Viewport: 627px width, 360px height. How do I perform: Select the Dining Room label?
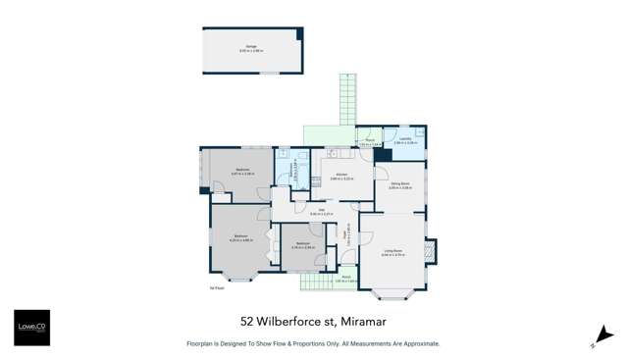[400, 183]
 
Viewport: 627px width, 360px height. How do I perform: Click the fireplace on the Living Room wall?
[431, 251]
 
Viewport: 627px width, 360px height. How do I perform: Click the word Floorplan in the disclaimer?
[205, 344]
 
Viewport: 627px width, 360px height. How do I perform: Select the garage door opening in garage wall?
[265, 73]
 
